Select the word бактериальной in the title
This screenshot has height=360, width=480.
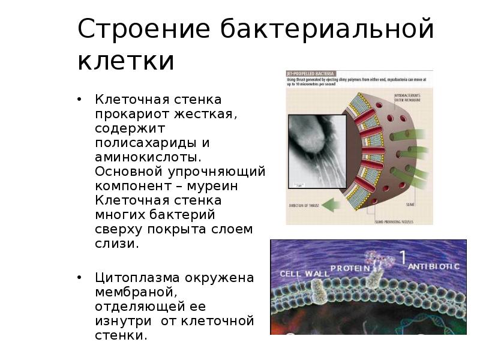(x=326, y=29)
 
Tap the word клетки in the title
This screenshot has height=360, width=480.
(x=126, y=61)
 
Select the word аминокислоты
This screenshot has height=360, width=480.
(x=146, y=157)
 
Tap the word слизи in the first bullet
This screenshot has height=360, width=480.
(x=115, y=244)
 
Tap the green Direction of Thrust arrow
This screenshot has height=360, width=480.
(x=332, y=205)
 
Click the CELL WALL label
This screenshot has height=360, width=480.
(x=304, y=273)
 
